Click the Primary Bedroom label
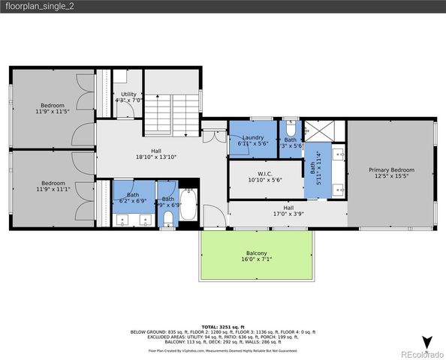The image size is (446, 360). click(x=391, y=170)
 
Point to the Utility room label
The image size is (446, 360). click(x=128, y=94)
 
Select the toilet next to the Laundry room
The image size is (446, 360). click(x=291, y=124)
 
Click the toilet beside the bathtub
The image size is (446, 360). click(x=168, y=217)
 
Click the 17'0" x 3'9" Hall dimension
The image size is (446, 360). click(x=288, y=214)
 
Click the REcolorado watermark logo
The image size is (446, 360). click(x=420, y=354)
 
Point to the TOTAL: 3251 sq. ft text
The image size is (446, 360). click(x=222, y=327)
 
